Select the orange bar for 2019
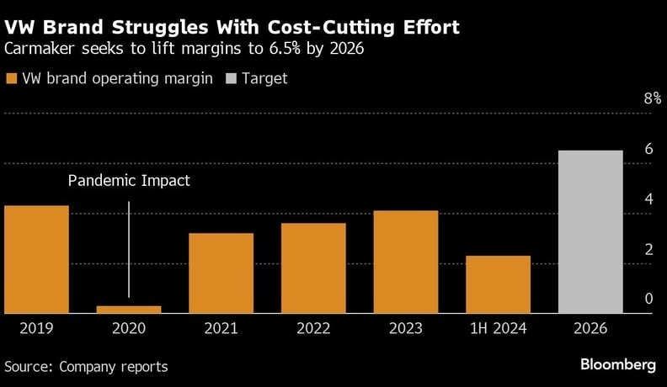pos(36,259)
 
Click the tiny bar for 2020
pos(129,310)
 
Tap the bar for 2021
pos(221,273)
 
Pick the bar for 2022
pos(313,268)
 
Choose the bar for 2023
pos(406,262)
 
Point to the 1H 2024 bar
pos(498,284)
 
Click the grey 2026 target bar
pos(590,232)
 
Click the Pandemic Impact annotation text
pos(129,180)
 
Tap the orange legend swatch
pos(11,78)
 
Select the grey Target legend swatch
pos(230,78)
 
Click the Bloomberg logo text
pos(618,365)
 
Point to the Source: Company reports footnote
pos(86,367)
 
